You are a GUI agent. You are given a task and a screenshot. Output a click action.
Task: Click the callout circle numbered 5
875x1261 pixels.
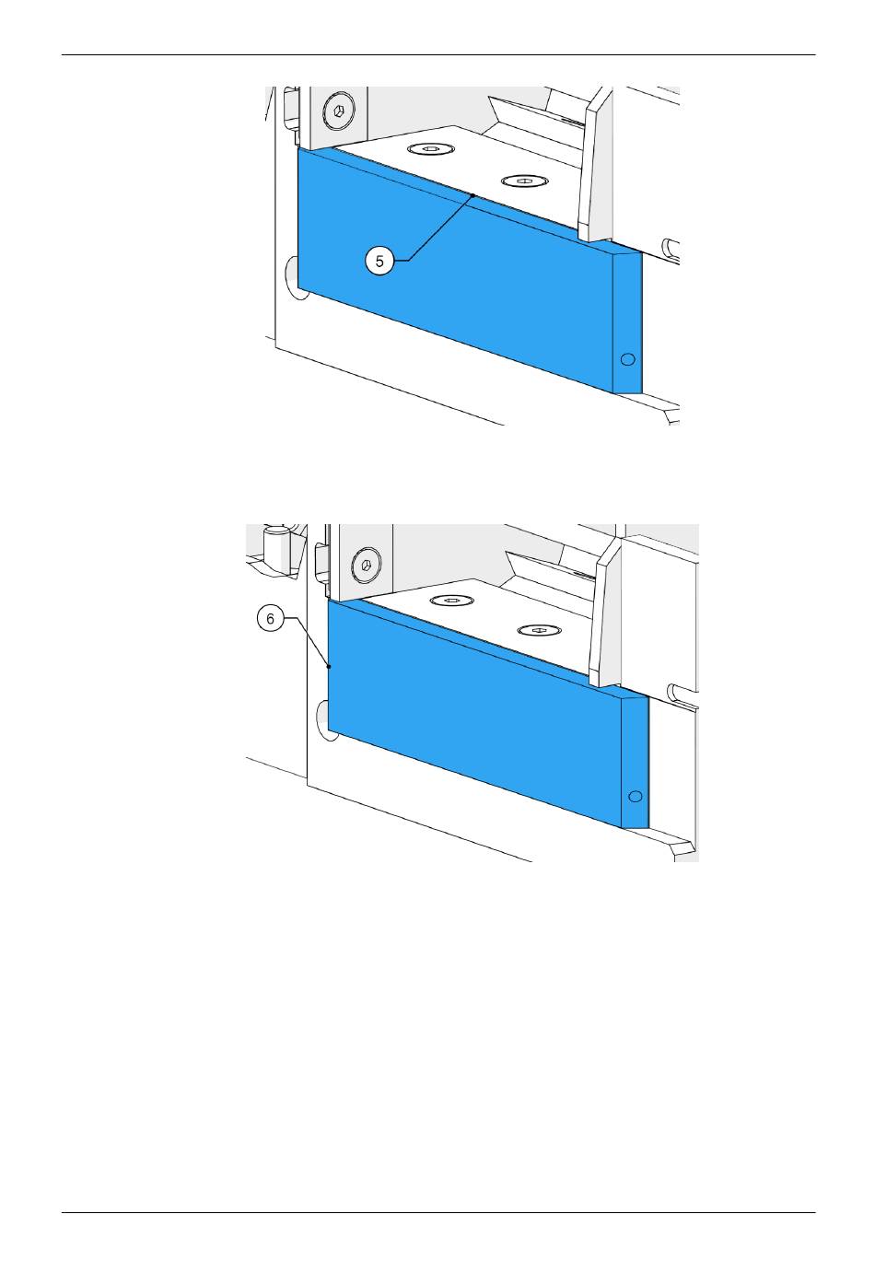[379, 262]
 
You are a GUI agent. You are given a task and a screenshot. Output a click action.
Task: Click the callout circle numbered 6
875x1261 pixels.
[270, 619]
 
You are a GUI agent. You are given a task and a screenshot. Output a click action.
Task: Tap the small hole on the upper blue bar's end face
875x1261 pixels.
[627, 359]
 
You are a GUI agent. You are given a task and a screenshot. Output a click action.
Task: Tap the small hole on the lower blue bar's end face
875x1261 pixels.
[635, 797]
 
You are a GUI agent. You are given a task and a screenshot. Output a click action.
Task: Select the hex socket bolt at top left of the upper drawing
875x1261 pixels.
[339, 111]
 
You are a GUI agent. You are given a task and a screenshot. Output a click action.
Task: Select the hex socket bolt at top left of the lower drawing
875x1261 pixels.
[366, 565]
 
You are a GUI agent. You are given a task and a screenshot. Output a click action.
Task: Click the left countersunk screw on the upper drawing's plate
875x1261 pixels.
[431, 149]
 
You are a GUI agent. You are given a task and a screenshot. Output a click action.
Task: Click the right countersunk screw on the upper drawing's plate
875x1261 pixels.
[524, 181]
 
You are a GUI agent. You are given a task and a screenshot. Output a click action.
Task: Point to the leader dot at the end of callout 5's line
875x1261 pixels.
[473, 195]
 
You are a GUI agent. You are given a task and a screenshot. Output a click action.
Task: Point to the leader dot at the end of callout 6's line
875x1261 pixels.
[330, 667]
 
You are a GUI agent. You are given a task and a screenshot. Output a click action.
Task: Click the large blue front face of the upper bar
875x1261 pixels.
[455, 269]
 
